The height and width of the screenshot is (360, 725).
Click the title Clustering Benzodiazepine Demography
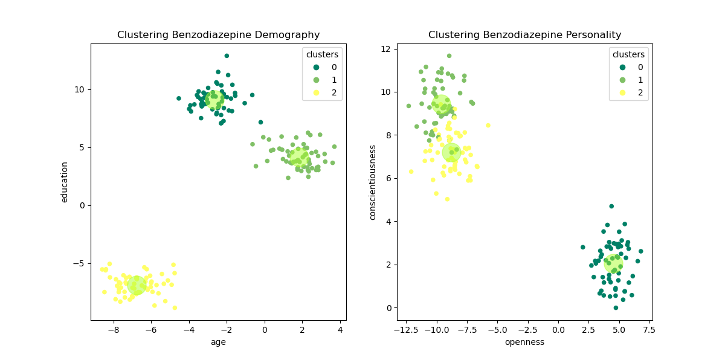(x=218, y=35)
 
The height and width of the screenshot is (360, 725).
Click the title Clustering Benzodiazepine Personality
(x=524, y=35)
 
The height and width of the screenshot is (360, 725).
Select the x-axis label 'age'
(x=218, y=342)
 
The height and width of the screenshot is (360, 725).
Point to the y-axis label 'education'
(x=64, y=182)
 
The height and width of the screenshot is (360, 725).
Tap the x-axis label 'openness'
(x=524, y=342)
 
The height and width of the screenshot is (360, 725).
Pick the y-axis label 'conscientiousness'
(x=373, y=182)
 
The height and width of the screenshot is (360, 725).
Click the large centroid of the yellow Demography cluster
(x=137, y=284)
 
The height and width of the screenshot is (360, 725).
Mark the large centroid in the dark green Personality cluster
(x=613, y=263)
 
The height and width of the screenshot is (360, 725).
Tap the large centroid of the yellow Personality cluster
(x=451, y=152)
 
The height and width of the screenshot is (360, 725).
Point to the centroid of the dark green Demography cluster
(x=214, y=100)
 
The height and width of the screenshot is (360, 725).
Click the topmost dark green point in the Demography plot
(x=227, y=56)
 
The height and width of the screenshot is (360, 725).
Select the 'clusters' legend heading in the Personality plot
(x=628, y=54)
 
